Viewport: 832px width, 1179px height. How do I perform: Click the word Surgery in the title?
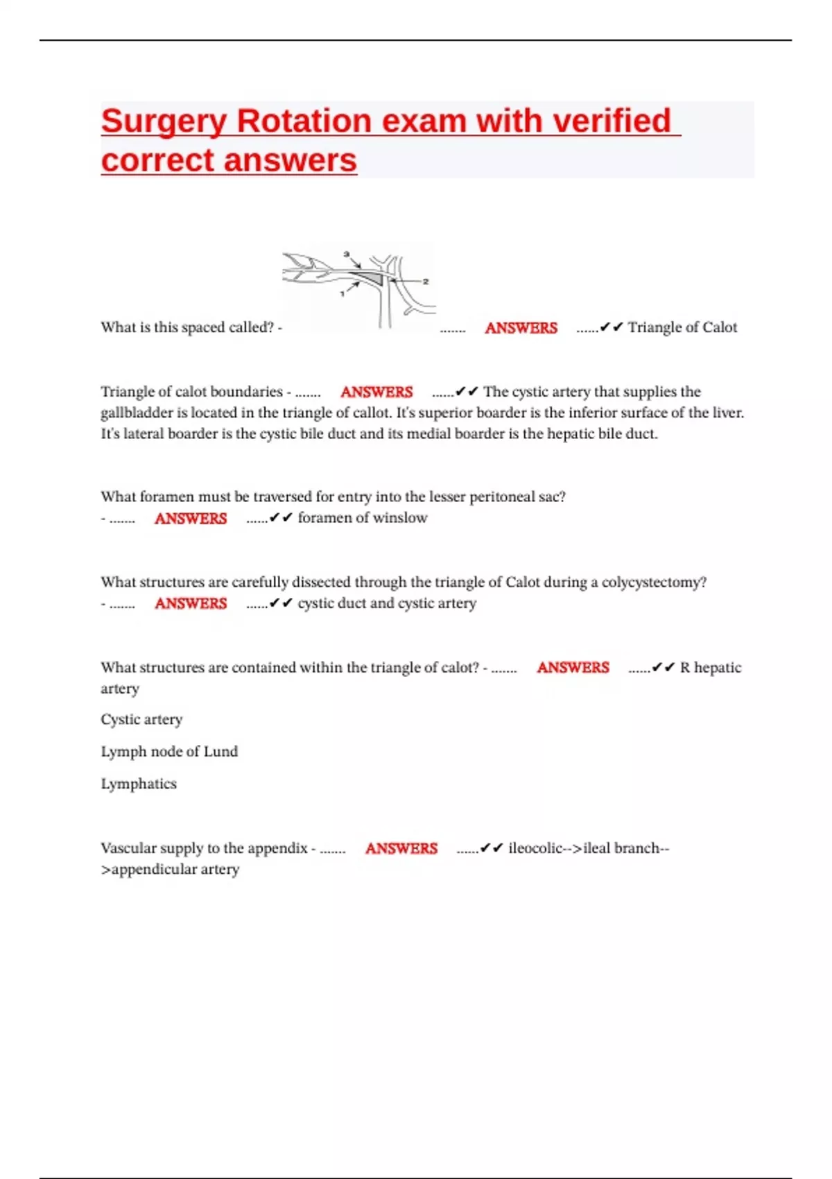(x=164, y=121)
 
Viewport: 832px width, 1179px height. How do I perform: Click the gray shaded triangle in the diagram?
(x=372, y=278)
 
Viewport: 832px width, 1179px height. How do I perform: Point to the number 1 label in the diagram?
(x=342, y=294)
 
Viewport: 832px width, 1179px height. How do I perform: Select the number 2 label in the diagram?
(x=426, y=281)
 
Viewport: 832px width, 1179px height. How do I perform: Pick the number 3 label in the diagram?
(x=347, y=255)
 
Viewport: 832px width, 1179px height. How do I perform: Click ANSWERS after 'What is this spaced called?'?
(x=521, y=328)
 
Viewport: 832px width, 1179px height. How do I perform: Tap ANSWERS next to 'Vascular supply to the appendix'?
(x=401, y=848)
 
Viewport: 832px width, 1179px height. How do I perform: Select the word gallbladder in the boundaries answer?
(x=136, y=413)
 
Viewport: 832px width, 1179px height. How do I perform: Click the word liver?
(x=727, y=413)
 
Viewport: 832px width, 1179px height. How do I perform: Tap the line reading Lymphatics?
(x=139, y=784)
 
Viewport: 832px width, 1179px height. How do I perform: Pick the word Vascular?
(x=127, y=848)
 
